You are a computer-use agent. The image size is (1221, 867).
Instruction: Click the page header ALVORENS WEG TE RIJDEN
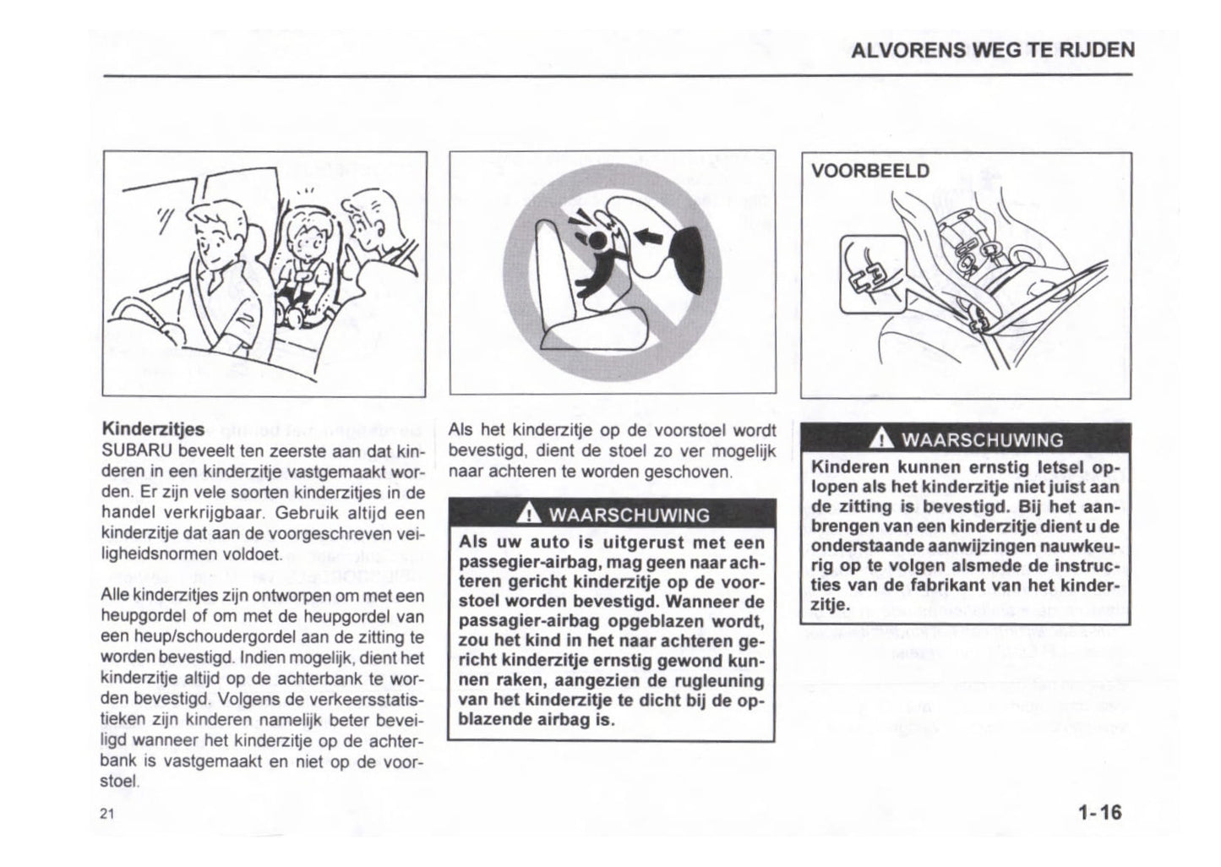(x=992, y=50)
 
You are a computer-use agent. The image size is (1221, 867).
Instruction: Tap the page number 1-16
(x=1098, y=813)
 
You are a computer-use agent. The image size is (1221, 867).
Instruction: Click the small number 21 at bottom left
(x=106, y=814)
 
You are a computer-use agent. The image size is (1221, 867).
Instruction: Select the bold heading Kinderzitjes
(x=152, y=430)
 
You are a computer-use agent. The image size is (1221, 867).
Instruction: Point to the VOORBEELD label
(x=869, y=172)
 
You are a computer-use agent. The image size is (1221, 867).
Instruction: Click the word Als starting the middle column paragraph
(x=461, y=430)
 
